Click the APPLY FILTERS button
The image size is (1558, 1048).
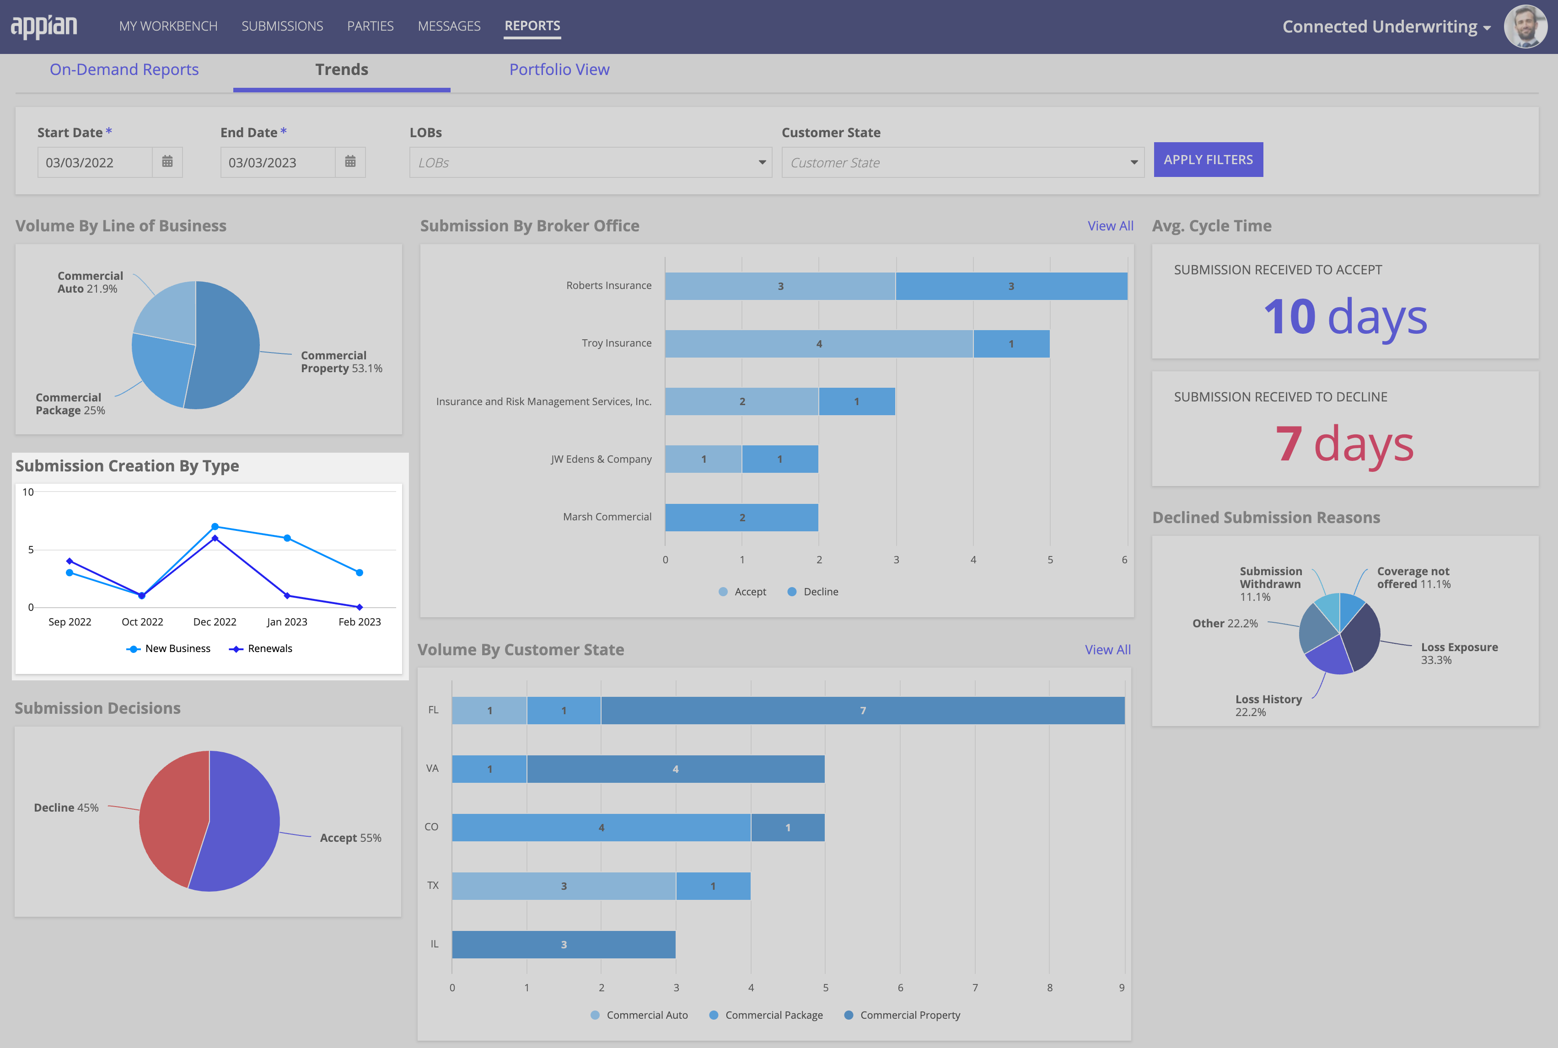click(x=1208, y=160)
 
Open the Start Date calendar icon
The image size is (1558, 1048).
click(x=167, y=162)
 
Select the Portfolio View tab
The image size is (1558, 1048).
click(x=559, y=70)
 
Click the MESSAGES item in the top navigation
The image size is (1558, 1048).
click(x=449, y=26)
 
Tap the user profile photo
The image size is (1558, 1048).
click(x=1525, y=27)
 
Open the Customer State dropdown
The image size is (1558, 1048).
click(x=962, y=162)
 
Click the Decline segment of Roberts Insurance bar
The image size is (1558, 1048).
click(x=1010, y=286)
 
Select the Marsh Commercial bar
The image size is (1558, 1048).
click(x=741, y=517)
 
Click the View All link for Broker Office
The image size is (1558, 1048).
click(x=1110, y=226)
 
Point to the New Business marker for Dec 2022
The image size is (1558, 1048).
click(x=215, y=527)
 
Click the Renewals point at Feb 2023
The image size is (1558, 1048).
click(x=360, y=607)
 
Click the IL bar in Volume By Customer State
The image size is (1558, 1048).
click(x=563, y=944)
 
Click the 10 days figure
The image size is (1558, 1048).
click(x=1345, y=317)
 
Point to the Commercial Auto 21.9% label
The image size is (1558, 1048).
click(x=90, y=282)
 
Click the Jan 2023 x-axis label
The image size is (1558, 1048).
click(x=287, y=621)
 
